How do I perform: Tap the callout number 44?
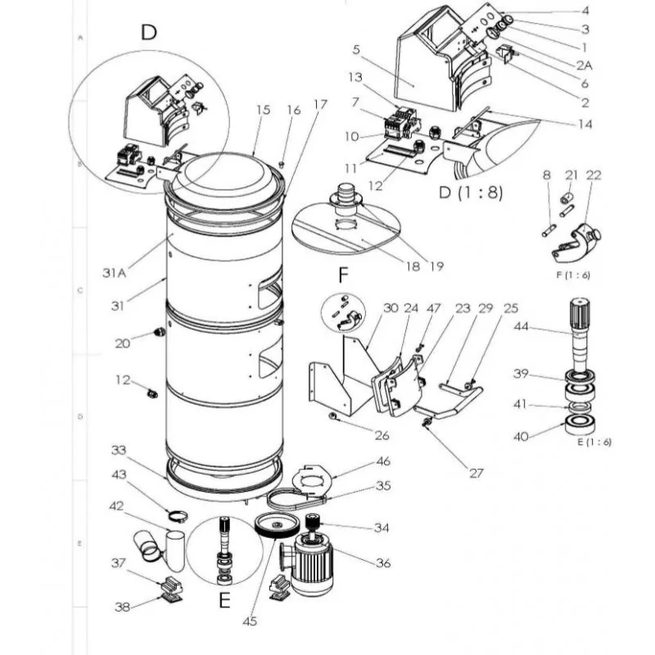coord(522,326)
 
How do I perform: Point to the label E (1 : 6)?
coord(594,442)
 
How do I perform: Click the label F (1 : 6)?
coord(573,274)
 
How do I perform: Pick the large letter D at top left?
coord(148,33)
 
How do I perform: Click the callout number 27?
coord(477,473)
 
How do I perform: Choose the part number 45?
coord(249,621)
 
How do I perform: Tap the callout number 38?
coord(121,607)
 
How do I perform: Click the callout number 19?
coord(436,266)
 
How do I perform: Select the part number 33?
coord(120,450)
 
